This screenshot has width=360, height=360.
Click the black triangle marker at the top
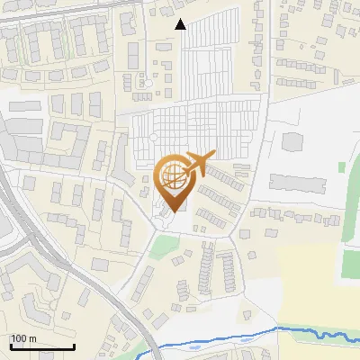pos(181,24)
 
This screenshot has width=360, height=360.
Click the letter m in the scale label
pos(32,338)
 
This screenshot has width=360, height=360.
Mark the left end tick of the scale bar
pos(10,346)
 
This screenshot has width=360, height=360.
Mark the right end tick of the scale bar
pos(74,346)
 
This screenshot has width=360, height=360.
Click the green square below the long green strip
pos(351,263)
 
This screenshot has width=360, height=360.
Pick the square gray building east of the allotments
pos(293,142)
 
